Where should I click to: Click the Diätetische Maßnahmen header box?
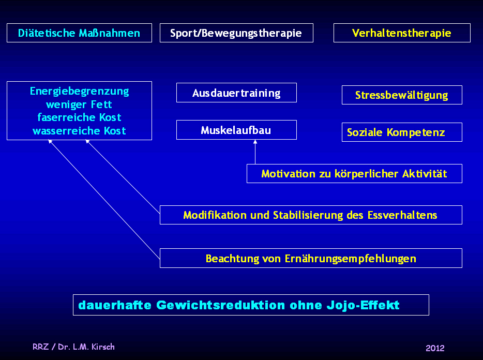pos(79,33)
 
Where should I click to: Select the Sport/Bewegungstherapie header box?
pos(236,33)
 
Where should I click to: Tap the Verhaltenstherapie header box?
pos(402,33)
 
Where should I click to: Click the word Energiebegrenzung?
pos(79,92)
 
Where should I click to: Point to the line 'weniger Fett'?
pos(79,104)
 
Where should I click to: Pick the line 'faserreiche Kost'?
pos(79,117)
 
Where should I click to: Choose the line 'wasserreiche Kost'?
pos(79,131)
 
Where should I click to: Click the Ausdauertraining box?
pos(236,93)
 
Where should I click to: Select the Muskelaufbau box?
pos(236,130)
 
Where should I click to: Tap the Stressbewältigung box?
pos(402,95)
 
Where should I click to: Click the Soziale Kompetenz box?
pos(402,132)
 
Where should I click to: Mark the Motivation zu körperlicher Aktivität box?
pos(354,174)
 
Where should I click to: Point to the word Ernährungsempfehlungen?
pos(350,259)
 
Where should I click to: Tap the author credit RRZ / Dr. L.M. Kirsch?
pos(73,347)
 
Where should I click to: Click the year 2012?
pos(435,348)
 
